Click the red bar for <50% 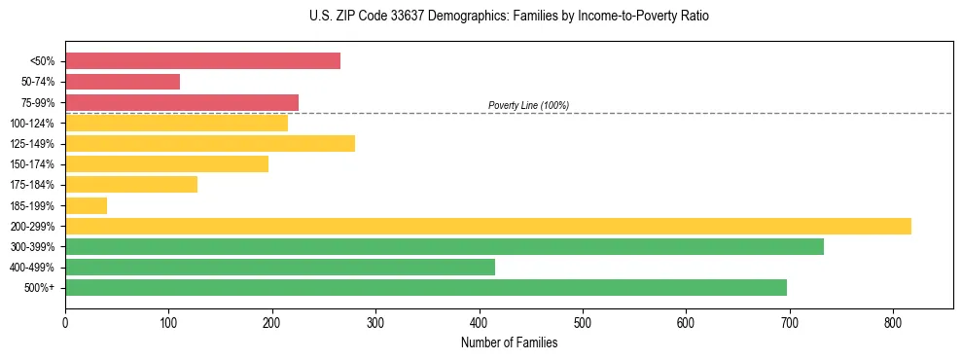click(202, 61)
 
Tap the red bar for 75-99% click(182, 102)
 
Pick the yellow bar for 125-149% click(210, 144)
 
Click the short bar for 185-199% click(86, 205)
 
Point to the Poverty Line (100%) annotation click(528, 105)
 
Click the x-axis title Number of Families click(509, 342)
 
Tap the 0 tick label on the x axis click(65, 322)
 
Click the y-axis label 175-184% click(32, 185)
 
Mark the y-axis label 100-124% click(32, 124)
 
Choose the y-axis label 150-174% click(32, 164)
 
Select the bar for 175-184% click(131, 185)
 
